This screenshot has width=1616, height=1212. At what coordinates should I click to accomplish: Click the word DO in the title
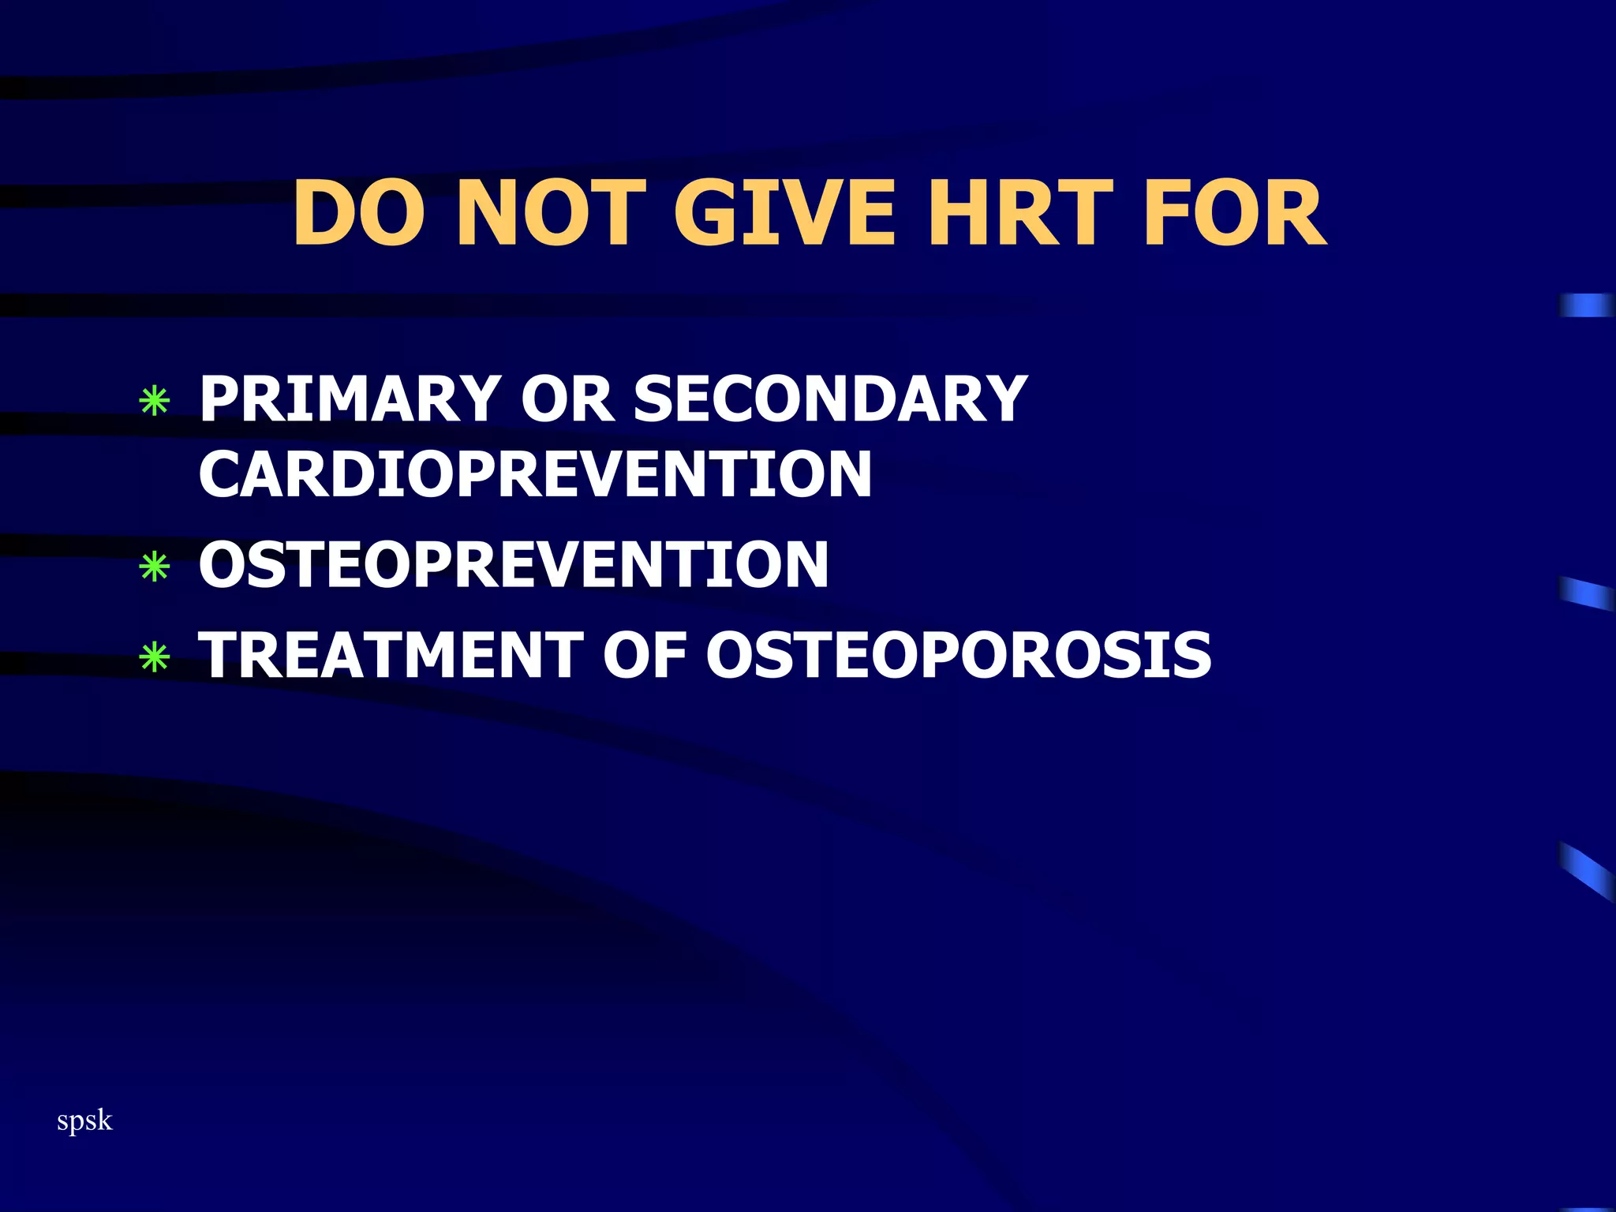(x=358, y=213)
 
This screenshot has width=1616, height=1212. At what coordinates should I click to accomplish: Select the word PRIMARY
(x=350, y=399)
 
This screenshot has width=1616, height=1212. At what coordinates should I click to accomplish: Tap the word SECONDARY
(x=830, y=399)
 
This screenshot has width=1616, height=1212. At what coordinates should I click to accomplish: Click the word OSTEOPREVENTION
(x=514, y=565)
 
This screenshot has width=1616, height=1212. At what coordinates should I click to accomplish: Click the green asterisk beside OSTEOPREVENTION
(x=154, y=567)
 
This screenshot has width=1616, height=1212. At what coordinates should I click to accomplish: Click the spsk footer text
(x=84, y=1120)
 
